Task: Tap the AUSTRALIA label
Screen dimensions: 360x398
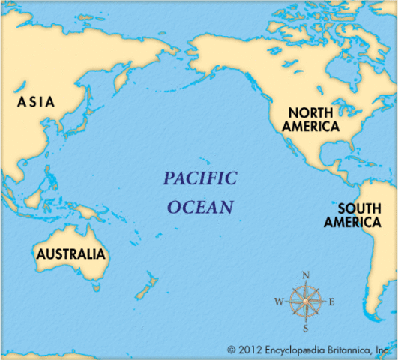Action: [x=70, y=254]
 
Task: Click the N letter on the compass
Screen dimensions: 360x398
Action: [x=306, y=275]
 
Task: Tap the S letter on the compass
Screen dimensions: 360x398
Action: [x=306, y=328]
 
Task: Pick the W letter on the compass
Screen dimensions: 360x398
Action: [x=279, y=302]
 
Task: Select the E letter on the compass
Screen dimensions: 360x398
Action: [x=333, y=302]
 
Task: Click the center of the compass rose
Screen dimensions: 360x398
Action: [x=306, y=302]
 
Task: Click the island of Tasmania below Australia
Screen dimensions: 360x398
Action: [x=95, y=286]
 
